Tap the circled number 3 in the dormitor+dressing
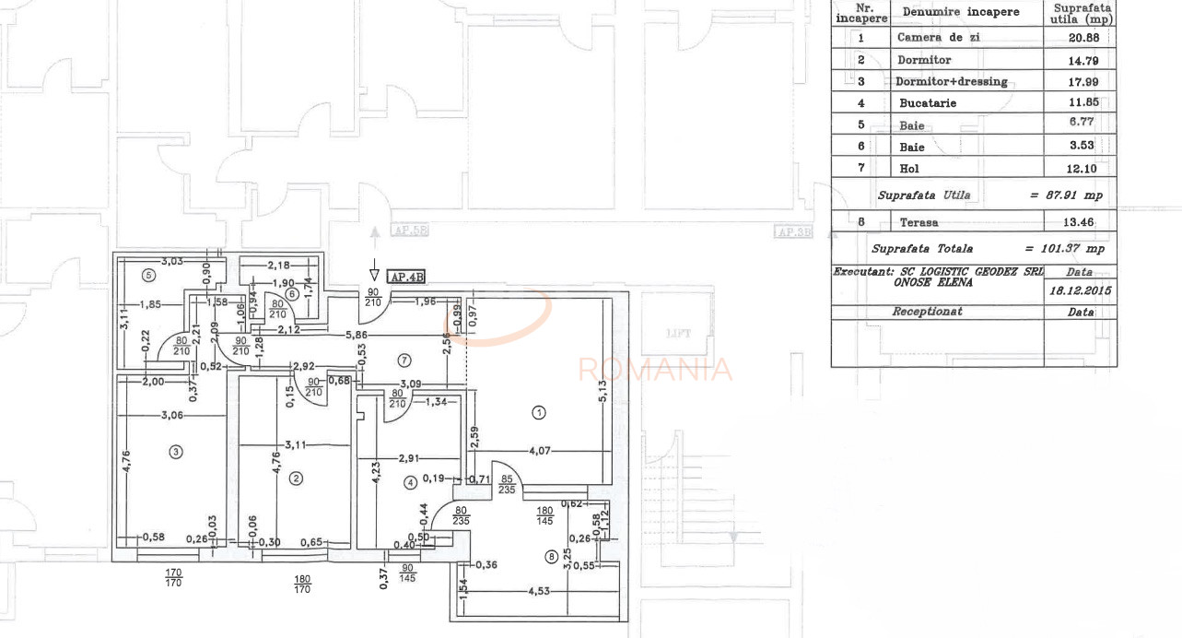click(175, 452)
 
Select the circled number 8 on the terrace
click(551, 556)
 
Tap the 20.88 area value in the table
click(1079, 38)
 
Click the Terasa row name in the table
click(919, 222)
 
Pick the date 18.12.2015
click(1079, 290)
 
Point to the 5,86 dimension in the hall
click(357, 336)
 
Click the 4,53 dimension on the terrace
click(534, 591)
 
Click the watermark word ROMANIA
click(655, 370)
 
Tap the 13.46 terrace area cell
click(1079, 222)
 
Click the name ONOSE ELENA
click(932, 283)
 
